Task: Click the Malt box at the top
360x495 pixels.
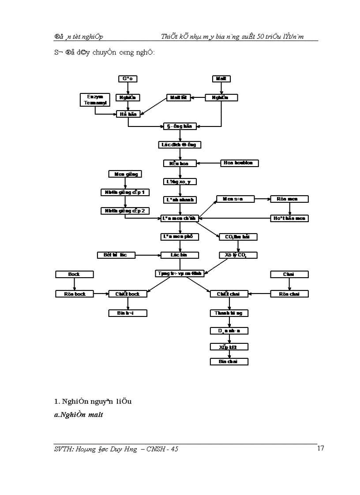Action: pos(221,78)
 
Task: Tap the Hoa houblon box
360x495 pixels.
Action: pos(239,163)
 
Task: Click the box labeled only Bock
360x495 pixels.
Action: pos(74,274)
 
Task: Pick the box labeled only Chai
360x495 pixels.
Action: pos(289,274)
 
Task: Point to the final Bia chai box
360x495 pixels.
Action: pos(229,361)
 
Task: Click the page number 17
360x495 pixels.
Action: pos(321,448)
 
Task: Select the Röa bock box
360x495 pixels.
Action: pos(74,294)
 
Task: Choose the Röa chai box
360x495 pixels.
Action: pos(289,294)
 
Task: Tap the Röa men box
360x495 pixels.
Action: pos(289,199)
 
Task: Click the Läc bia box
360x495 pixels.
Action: pos(180,255)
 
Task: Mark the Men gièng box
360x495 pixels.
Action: pos(126,174)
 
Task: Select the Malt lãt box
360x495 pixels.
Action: pos(179,97)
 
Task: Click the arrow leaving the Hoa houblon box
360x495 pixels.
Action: pos(209,163)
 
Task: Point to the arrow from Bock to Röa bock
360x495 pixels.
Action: pos(74,284)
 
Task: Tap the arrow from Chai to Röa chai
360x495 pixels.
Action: pos(289,284)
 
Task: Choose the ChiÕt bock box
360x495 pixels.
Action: pos(127,294)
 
